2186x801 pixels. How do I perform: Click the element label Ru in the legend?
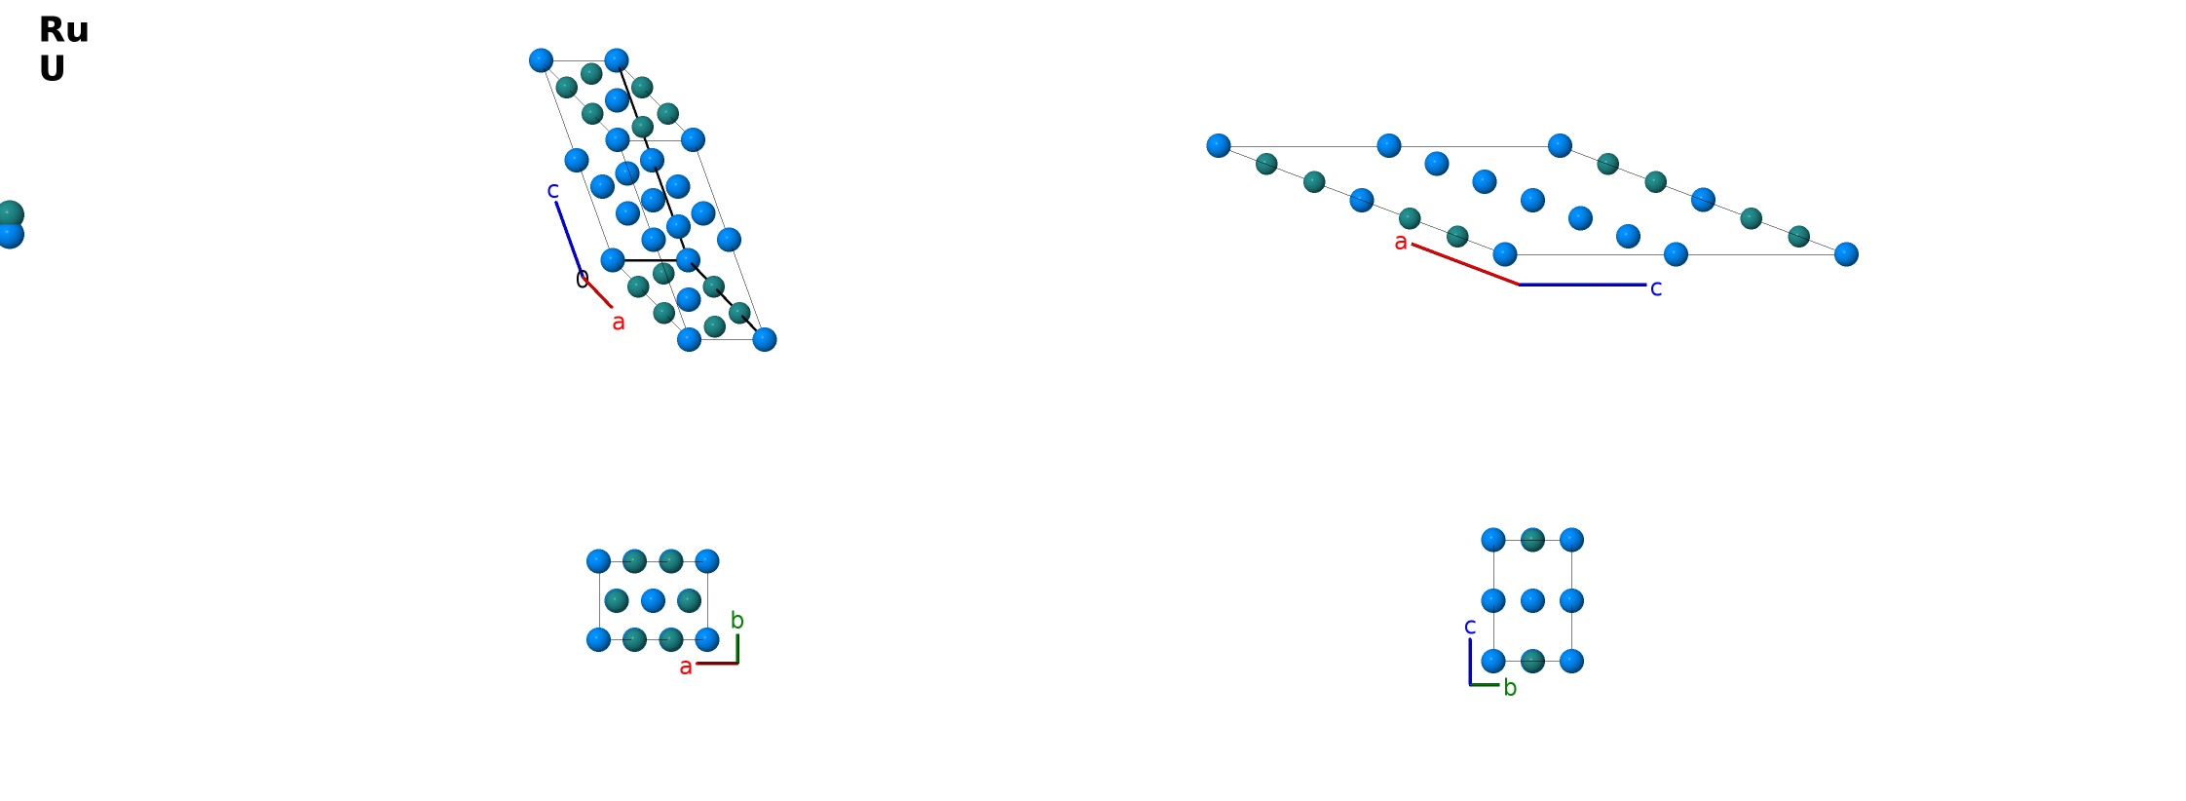[63, 30]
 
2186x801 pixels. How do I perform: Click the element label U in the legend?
[52, 69]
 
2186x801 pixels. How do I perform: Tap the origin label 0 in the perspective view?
[583, 281]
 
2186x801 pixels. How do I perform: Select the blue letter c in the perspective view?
[552, 190]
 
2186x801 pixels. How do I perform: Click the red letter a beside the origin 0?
[619, 322]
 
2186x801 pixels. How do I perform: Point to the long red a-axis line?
[1465, 264]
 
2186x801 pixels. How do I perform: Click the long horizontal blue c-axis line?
[1582, 285]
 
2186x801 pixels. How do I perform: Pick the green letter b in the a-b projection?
[737, 620]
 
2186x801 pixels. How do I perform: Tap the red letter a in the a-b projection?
[686, 667]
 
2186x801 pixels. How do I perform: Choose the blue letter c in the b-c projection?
[1470, 627]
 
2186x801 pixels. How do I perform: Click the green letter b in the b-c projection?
[1510, 687]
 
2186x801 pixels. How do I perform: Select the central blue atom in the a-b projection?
[654, 600]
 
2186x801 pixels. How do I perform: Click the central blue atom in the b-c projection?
[1532, 600]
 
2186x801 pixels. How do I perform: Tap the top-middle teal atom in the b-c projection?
[1532, 540]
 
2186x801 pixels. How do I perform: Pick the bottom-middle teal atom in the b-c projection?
[1532, 661]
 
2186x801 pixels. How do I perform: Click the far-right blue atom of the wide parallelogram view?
[1846, 254]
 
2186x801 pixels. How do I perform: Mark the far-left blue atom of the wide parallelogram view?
[1219, 145]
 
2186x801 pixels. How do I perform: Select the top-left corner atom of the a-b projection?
[599, 561]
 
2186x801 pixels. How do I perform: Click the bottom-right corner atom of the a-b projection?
[707, 639]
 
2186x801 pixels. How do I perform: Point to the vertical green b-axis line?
[737, 649]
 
